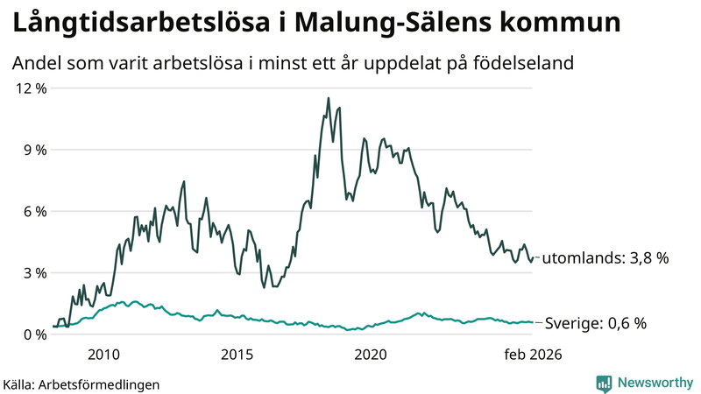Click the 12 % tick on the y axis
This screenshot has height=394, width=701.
28,88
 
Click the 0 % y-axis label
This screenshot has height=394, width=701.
32,334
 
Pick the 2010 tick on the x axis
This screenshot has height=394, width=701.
103,355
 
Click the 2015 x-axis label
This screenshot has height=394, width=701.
237,355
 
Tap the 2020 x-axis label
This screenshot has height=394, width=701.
370,355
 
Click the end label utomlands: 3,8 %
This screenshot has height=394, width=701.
605,258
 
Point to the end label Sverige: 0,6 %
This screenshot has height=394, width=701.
596,323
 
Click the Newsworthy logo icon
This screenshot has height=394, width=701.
604,383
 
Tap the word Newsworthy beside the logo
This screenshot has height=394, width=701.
654,383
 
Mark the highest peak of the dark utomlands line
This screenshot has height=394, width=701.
329,98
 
